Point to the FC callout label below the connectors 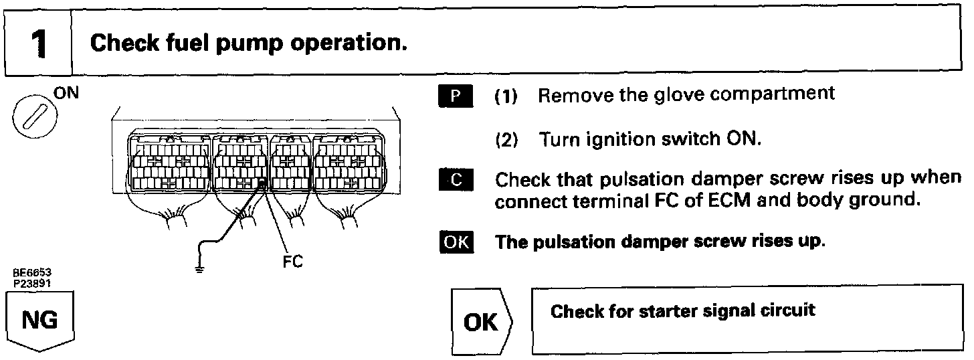pos(292,262)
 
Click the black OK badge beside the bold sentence pos(456,242)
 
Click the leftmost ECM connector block pos(167,164)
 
